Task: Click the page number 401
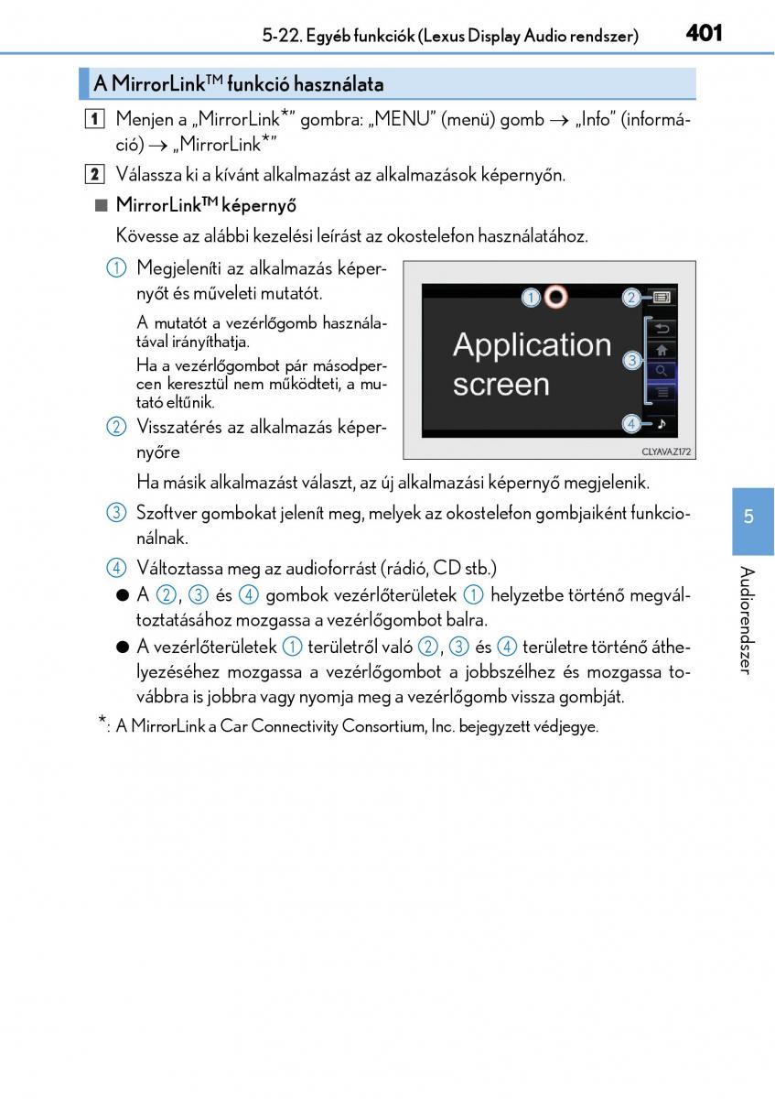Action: tap(704, 34)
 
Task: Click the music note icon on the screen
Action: tap(661, 423)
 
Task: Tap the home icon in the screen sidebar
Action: tap(661, 350)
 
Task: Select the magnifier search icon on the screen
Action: tap(661, 371)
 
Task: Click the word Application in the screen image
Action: tap(532, 345)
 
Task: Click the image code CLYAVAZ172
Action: tap(665, 452)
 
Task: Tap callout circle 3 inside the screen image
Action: tap(631, 361)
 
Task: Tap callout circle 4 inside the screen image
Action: tap(631, 423)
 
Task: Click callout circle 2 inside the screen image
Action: tap(631, 297)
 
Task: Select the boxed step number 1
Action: tap(96, 120)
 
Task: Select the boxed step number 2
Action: tap(96, 174)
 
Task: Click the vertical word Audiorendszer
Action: tap(748, 620)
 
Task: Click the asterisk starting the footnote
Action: tap(102, 723)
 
